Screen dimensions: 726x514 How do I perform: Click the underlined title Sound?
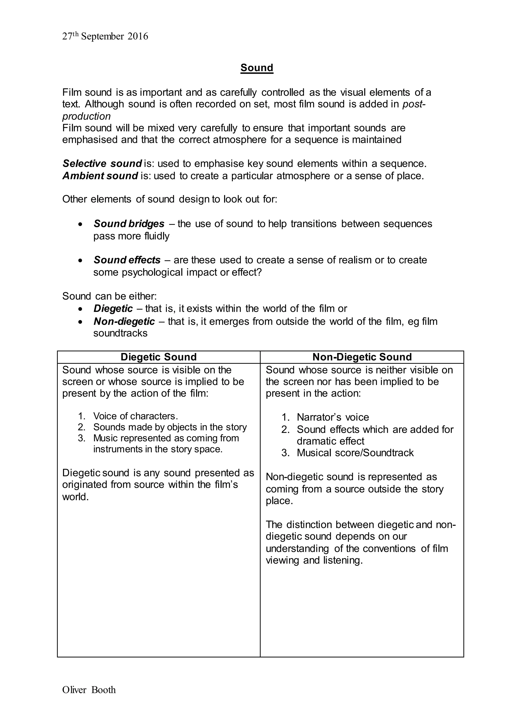click(257, 68)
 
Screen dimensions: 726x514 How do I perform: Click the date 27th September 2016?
click(105, 36)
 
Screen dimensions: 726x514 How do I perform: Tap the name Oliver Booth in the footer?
click(89, 690)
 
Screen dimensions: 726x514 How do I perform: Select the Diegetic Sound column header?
click(159, 357)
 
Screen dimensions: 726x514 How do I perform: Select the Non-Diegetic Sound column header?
click(362, 357)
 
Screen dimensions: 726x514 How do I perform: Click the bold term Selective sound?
click(102, 163)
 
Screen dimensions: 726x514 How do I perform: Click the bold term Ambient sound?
click(100, 176)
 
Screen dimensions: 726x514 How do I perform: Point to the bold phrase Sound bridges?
click(129, 224)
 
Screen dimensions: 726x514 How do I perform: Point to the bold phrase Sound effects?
click(127, 260)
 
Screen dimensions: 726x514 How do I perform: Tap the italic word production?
click(86, 116)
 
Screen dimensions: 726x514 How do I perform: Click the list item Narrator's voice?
click(333, 417)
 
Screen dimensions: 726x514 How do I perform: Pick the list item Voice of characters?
click(136, 416)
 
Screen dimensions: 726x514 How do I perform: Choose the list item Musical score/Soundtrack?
click(355, 453)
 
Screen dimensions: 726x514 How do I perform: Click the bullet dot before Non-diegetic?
click(81, 322)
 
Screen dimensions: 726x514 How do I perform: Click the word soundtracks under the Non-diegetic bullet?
click(120, 333)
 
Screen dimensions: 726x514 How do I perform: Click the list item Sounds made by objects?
click(170, 427)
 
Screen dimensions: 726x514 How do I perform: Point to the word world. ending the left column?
click(75, 497)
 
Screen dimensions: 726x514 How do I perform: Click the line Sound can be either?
click(109, 296)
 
